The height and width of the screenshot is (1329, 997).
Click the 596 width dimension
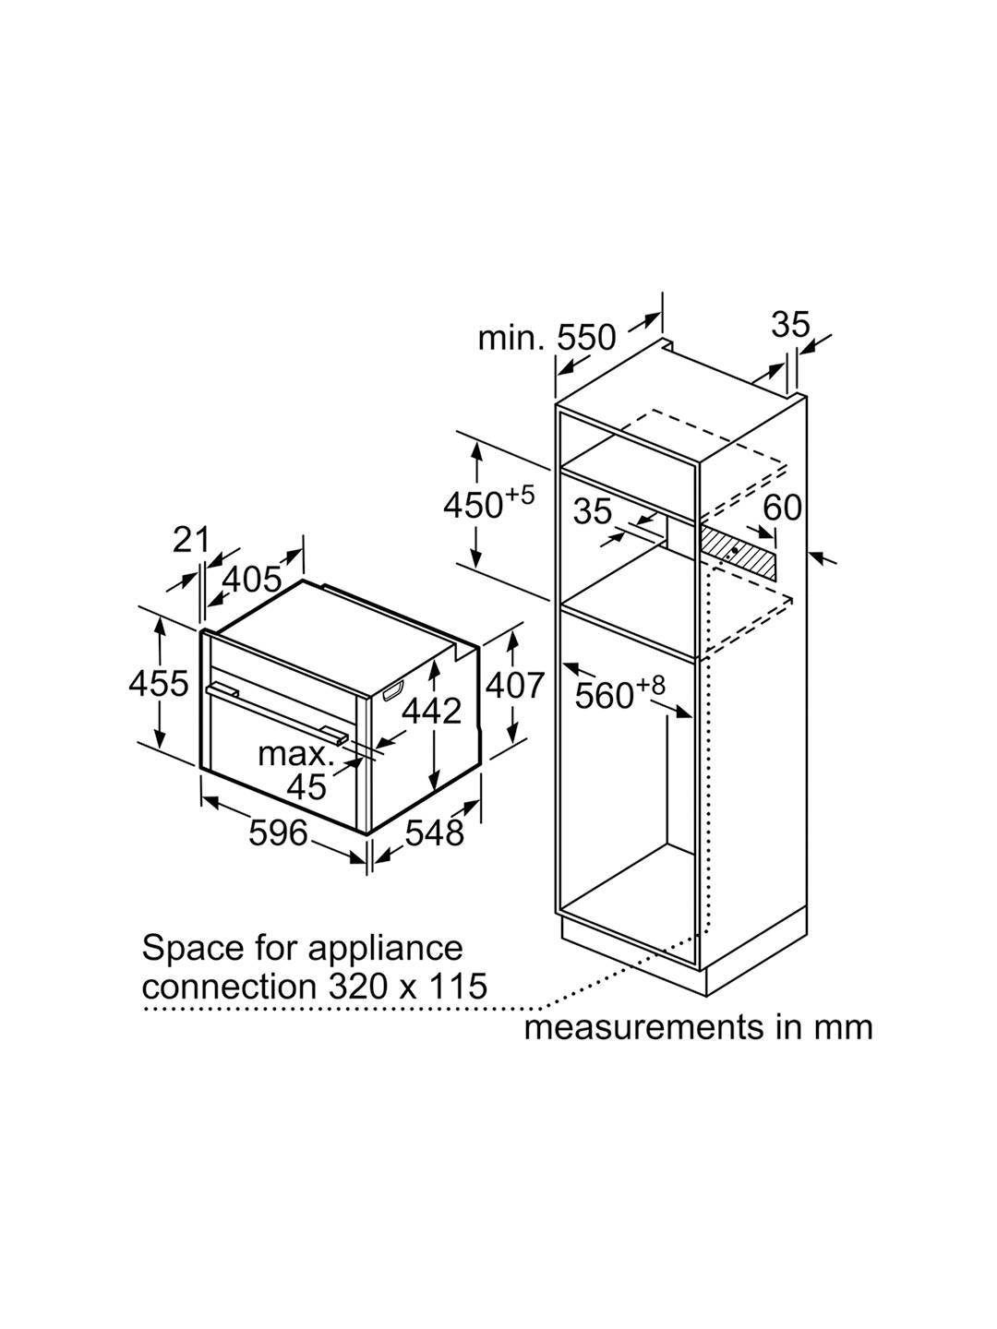point(278,833)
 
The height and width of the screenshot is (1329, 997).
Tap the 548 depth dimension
point(434,833)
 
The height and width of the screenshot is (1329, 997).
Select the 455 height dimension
point(158,684)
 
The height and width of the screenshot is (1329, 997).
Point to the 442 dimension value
point(431,711)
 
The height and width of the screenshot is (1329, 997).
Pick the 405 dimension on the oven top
point(252,579)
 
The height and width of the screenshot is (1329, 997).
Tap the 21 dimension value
point(192,539)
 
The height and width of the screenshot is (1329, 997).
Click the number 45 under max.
point(306,786)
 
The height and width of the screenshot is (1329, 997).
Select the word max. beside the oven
point(294,754)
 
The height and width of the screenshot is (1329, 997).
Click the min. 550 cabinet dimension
point(547,338)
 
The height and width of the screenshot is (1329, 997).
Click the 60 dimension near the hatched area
point(783,508)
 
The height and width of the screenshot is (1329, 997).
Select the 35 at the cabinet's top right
point(790,325)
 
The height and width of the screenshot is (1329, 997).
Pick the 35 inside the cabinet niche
point(593,511)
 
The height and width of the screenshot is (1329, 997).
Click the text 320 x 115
point(406,987)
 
